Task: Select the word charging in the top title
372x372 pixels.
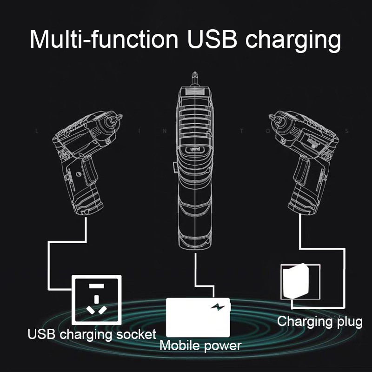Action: pyautogui.click(x=293, y=41)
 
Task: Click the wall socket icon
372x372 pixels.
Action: pyautogui.click(x=96, y=300)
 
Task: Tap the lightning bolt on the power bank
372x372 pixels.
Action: pyautogui.click(x=216, y=307)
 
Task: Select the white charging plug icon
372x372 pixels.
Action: pyautogui.click(x=294, y=281)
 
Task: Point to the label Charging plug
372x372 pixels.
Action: pyautogui.click(x=319, y=321)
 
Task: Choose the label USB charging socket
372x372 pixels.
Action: pyautogui.click(x=92, y=334)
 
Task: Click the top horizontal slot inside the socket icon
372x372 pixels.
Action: pyautogui.click(x=96, y=285)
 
